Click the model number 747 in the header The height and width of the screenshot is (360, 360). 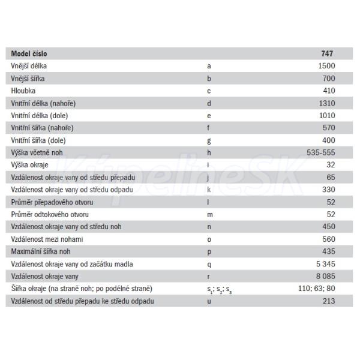tap(328, 53)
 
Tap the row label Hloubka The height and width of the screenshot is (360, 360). tap(24, 90)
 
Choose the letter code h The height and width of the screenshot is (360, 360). tap(209, 152)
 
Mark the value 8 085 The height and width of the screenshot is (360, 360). tap(323, 276)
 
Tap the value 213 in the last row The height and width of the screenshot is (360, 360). tap(328, 301)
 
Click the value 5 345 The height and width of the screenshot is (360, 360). tap(323, 264)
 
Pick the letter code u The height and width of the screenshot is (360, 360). tap(209, 301)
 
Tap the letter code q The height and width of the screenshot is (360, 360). tap(209, 264)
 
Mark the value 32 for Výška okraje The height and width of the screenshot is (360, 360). tap(330, 164)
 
